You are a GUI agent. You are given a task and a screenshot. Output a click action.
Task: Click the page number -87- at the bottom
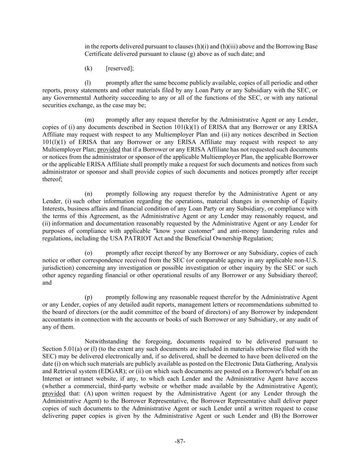[x=180, y=441]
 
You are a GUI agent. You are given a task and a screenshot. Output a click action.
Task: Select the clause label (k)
[x=88, y=68]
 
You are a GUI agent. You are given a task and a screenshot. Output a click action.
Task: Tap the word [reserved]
[x=120, y=68]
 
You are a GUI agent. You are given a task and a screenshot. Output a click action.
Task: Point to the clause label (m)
[x=89, y=120]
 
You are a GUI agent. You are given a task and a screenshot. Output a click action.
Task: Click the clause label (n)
[x=88, y=194]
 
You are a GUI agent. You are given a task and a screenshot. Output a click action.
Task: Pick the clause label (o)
[x=88, y=253]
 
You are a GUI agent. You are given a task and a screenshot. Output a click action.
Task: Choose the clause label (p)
[x=88, y=297]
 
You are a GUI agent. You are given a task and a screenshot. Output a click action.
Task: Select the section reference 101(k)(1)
[x=187, y=127]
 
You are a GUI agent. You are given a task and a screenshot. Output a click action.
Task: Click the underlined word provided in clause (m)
[x=109, y=150]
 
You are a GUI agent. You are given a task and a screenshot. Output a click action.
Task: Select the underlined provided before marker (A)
[x=54, y=394]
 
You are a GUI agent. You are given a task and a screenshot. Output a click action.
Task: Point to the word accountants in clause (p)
[x=57, y=320]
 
